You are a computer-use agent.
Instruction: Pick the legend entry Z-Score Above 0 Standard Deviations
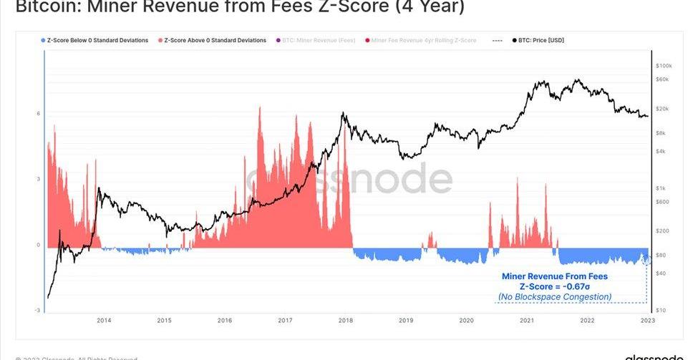tap(215, 40)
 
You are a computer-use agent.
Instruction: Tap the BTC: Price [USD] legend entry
tap(538, 40)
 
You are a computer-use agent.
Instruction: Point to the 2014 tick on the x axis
tap(104, 320)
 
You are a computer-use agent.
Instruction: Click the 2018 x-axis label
tap(345, 320)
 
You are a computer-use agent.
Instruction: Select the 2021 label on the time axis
tap(527, 320)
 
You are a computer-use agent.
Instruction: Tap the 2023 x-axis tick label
tap(647, 320)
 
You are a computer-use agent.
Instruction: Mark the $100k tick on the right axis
tap(664, 66)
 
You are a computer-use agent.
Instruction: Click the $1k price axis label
tap(661, 188)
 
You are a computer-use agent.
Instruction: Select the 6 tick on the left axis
tap(39, 114)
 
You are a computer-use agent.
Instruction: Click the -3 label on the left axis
tap(38, 310)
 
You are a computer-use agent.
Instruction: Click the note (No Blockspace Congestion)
tap(555, 296)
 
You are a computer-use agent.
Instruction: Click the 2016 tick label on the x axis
tap(225, 320)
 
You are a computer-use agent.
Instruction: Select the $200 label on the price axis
tap(661, 231)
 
